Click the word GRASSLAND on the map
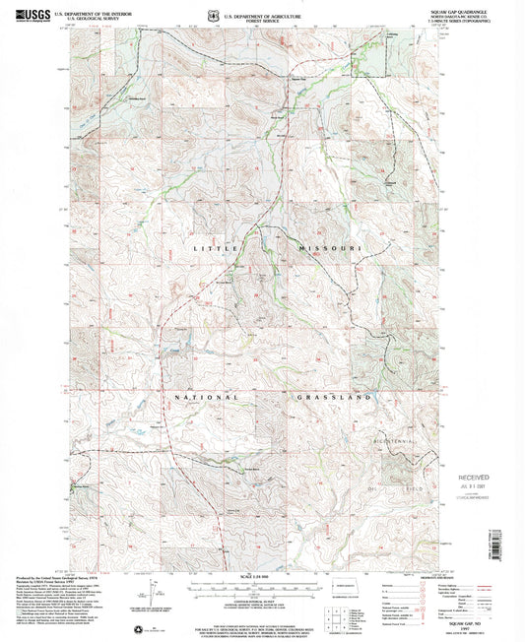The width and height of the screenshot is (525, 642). coord(333,397)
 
